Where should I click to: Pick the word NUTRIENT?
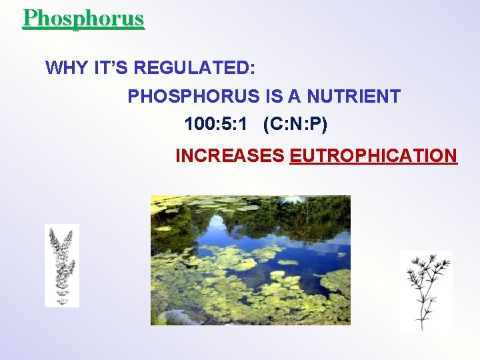pyautogui.click(x=353, y=97)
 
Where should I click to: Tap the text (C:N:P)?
pyautogui.click(x=295, y=125)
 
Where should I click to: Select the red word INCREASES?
pyautogui.click(x=229, y=156)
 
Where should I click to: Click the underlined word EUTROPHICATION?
pyautogui.click(x=373, y=156)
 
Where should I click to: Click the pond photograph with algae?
pyautogui.click(x=250, y=260)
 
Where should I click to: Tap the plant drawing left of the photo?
pyautogui.click(x=61, y=265)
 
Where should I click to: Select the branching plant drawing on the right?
pyautogui.click(x=425, y=291)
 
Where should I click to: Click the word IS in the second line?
pyautogui.click(x=274, y=97)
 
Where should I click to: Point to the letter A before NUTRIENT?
pyautogui.click(x=294, y=97)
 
